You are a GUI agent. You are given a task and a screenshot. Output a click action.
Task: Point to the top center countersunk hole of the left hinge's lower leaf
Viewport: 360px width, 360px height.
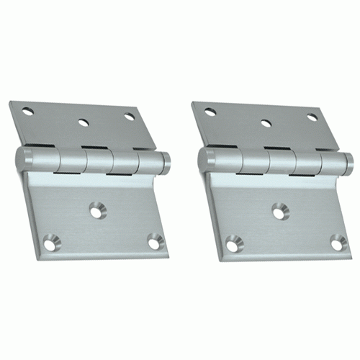pos(95,211)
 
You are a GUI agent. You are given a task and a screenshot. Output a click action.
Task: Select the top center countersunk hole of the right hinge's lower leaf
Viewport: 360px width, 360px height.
pos(277,211)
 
